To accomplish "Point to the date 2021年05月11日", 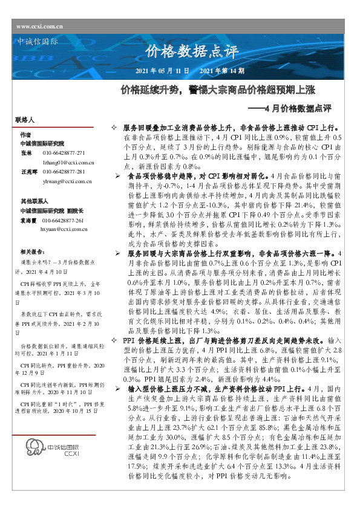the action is (163, 71).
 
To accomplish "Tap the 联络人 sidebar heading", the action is (25, 121).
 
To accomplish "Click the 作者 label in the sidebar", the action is (25, 134).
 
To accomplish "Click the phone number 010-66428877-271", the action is (64, 154).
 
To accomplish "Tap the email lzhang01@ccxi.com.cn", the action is (67, 163).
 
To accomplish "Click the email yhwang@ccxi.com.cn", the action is (67, 181).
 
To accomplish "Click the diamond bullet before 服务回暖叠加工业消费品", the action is (114, 129).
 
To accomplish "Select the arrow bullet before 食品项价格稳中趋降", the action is (119, 175).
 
